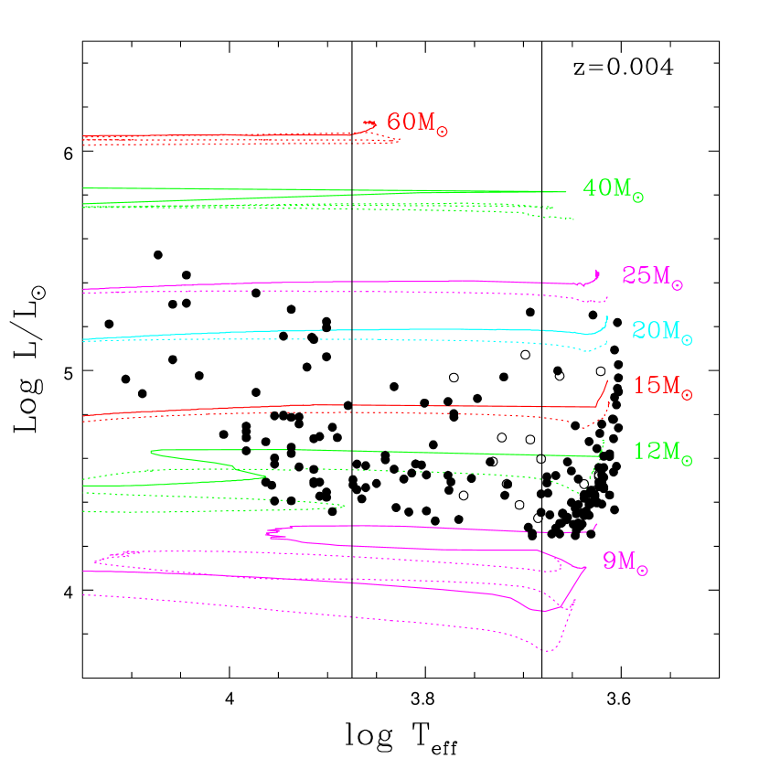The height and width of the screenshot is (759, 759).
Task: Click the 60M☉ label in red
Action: click(416, 123)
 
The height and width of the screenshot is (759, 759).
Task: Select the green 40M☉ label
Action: click(613, 189)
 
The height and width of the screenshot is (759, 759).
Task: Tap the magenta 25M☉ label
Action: click(652, 276)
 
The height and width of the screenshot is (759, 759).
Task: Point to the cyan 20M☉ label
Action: click(661, 331)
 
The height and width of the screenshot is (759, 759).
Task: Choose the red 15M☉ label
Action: click(662, 387)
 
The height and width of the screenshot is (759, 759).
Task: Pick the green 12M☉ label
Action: click(662, 452)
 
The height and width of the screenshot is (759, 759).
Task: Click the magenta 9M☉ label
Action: click(625, 562)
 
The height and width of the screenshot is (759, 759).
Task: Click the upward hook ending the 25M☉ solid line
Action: click(597, 271)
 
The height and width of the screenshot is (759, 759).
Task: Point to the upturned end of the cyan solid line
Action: click(607, 317)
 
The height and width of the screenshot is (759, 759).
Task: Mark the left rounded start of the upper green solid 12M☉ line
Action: click(151, 451)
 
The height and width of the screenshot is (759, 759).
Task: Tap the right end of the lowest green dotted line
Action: click(345, 506)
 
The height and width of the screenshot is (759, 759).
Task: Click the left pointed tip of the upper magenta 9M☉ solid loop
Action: click(266, 532)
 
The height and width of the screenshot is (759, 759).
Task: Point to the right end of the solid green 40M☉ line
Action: click(566, 192)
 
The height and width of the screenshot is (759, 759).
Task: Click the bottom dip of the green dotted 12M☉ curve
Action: click(578, 493)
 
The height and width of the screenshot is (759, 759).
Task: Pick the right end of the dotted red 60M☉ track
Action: click(399, 140)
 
